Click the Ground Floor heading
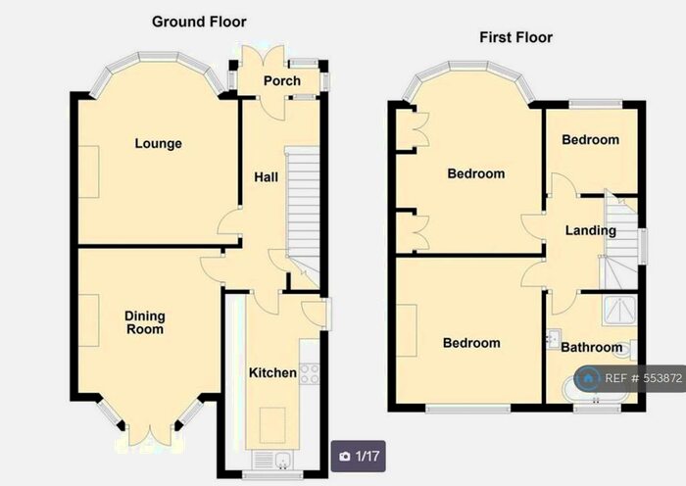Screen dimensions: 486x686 (x=199, y=21)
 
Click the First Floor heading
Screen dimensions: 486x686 (x=515, y=37)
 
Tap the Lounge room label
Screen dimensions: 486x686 (x=159, y=144)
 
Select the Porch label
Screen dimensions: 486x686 (x=282, y=81)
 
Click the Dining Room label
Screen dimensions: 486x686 (x=144, y=322)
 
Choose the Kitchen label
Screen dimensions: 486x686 (x=271, y=373)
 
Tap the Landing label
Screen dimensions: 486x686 (x=590, y=230)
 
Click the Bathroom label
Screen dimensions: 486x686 (x=592, y=347)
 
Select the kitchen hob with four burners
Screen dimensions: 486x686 (x=310, y=372)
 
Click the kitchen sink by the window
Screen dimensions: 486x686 (x=269, y=459)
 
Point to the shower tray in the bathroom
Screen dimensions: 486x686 (x=617, y=311)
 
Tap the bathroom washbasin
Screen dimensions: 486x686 (x=554, y=339)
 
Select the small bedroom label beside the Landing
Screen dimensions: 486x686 (x=590, y=140)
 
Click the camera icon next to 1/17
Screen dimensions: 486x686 (x=345, y=456)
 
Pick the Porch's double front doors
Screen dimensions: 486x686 (x=266, y=54)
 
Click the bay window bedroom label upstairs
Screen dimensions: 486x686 (x=475, y=174)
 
